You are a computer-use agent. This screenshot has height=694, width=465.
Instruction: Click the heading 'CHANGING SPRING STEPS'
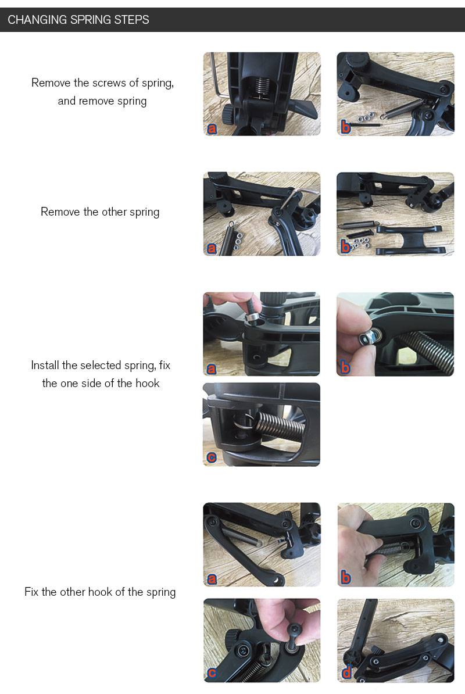pos(78,20)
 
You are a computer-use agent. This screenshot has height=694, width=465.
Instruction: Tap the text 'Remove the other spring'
pos(100,212)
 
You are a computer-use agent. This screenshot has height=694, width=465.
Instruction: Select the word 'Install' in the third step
pos(45,365)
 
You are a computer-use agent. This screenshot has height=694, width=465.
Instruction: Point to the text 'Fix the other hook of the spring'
pos(100,592)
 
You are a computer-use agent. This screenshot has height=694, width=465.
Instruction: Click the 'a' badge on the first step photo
pos(212,128)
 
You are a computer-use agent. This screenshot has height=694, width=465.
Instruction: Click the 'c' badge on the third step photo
pos(212,457)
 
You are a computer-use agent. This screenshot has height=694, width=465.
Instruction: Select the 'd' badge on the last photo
pos(346,673)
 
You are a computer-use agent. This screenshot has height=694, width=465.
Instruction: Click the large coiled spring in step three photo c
pos(279,425)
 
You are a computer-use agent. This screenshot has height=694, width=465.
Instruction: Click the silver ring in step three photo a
pos(253,317)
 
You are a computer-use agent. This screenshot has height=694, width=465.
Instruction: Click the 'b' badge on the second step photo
pos(345,246)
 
